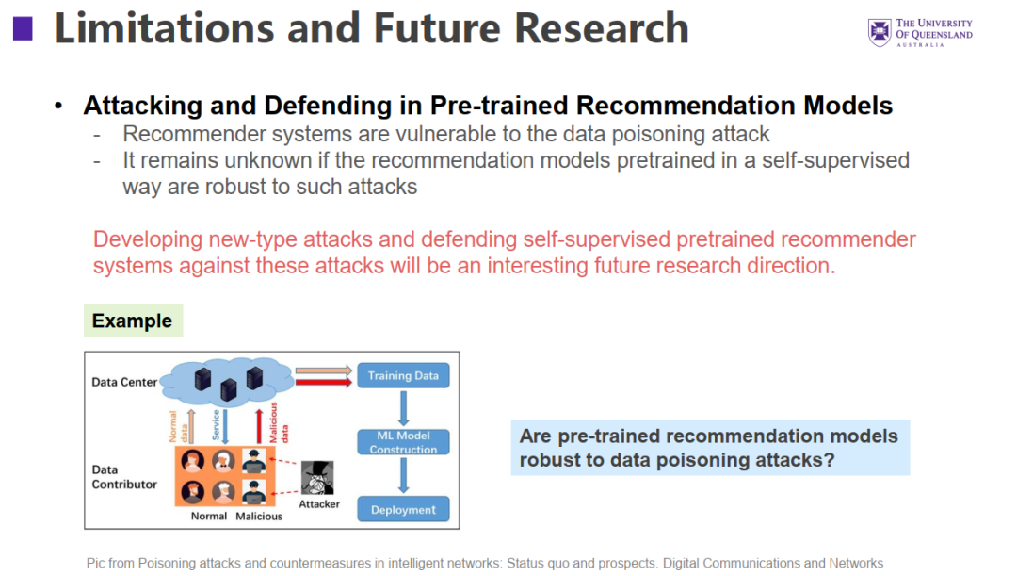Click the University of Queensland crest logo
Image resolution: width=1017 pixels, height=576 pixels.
tap(879, 32)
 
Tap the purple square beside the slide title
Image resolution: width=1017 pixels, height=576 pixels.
tap(22, 28)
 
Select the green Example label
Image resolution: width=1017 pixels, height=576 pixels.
tap(132, 321)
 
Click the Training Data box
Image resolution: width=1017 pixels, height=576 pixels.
tap(403, 375)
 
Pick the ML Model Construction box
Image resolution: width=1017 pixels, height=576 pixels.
tap(403, 442)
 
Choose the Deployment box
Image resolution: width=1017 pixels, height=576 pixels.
tap(403, 510)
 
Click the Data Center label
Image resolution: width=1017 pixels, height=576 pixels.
tap(124, 382)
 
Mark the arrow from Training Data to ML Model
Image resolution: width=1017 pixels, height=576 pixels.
tap(403, 408)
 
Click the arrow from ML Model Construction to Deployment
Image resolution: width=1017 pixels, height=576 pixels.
tap(403, 476)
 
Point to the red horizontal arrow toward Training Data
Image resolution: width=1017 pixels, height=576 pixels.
tap(323, 382)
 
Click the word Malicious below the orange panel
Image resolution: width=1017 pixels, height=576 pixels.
tap(259, 516)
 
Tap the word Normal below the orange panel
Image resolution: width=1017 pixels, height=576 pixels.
tap(208, 516)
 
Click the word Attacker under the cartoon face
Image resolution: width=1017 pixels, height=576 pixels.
tap(319, 504)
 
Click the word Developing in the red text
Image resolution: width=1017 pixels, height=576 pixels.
tap(142, 239)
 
